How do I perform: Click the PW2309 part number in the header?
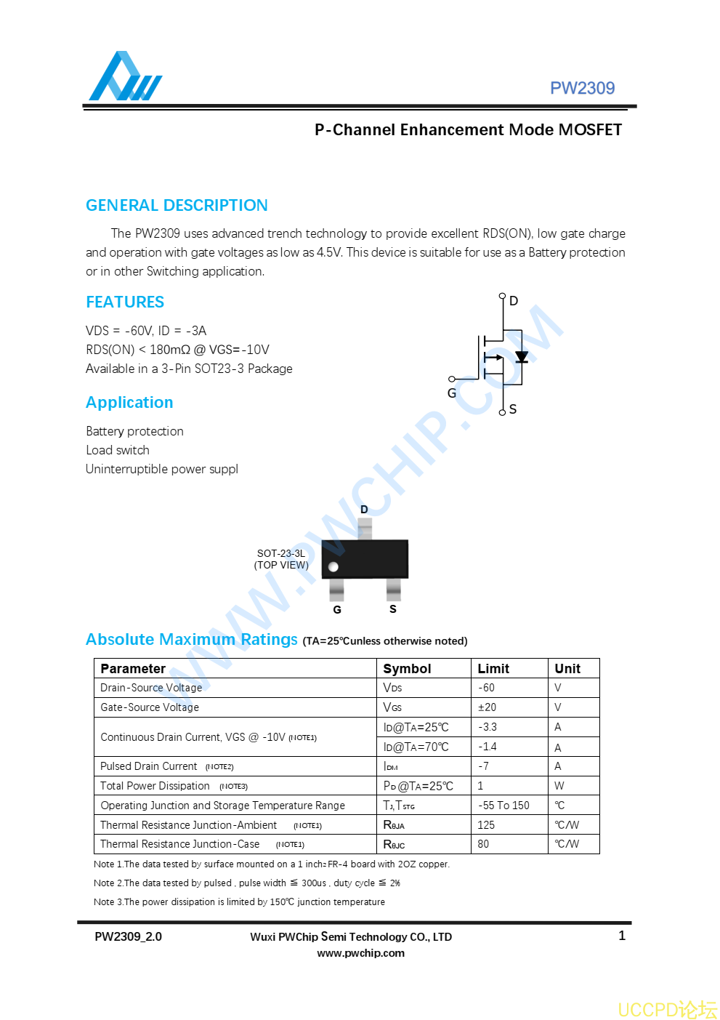click(x=582, y=88)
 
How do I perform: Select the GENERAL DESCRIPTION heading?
click(x=177, y=205)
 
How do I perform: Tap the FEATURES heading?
click(x=125, y=302)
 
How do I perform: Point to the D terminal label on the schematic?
click(x=514, y=301)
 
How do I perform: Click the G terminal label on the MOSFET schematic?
click(x=452, y=393)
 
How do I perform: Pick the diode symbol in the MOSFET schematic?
click(x=521, y=357)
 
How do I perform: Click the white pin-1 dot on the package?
click(x=333, y=567)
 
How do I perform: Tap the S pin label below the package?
click(x=393, y=609)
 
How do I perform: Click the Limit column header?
click(x=493, y=669)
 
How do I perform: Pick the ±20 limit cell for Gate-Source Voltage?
click(x=487, y=707)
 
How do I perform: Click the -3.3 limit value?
click(x=488, y=727)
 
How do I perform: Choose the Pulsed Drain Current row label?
click(x=149, y=766)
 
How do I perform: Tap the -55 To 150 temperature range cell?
click(x=503, y=806)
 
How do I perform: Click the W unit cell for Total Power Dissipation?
click(x=559, y=786)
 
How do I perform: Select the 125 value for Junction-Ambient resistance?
click(x=486, y=825)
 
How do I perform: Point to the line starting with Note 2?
click(x=247, y=883)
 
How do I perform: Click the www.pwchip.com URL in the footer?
click(x=360, y=953)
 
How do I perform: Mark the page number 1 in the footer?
click(x=622, y=936)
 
